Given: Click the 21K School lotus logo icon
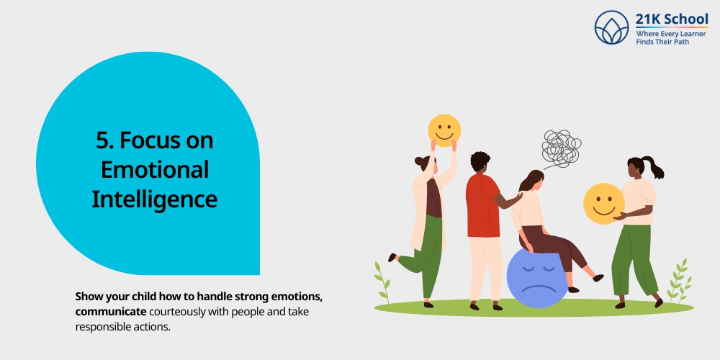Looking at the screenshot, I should [x=612, y=27].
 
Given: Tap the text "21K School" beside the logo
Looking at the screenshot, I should [x=671, y=19].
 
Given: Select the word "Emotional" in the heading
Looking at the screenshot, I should [x=155, y=169].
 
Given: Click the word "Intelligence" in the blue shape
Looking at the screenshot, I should [x=155, y=198].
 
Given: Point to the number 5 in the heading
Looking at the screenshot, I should [x=102, y=140].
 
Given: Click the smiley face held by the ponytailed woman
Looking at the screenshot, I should [x=603, y=203].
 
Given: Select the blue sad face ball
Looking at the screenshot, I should [x=537, y=277].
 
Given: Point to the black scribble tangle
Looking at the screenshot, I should [x=561, y=148].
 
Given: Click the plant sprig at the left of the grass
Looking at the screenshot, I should [x=382, y=281].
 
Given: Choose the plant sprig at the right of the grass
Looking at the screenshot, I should [x=678, y=281].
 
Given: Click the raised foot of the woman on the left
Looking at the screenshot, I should [x=392, y=257].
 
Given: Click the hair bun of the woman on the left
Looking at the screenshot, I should [x=418, y=162].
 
